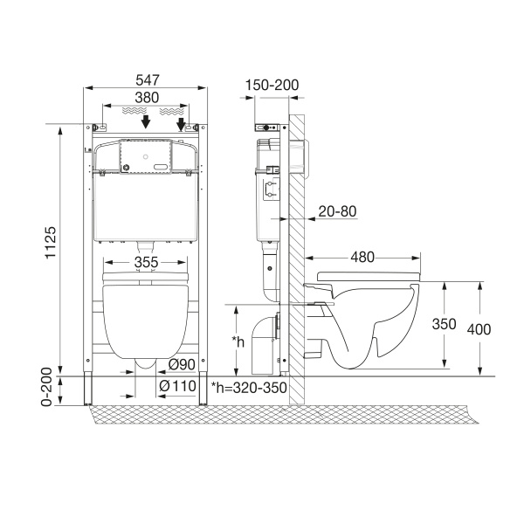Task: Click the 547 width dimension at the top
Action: click(147, 79)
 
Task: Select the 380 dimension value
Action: click(147, 99)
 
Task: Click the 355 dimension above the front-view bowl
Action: click(147, 262)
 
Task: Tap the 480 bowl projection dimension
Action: click(363, 257)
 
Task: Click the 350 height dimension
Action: click(445, 323)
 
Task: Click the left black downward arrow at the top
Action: click(147, 122)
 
